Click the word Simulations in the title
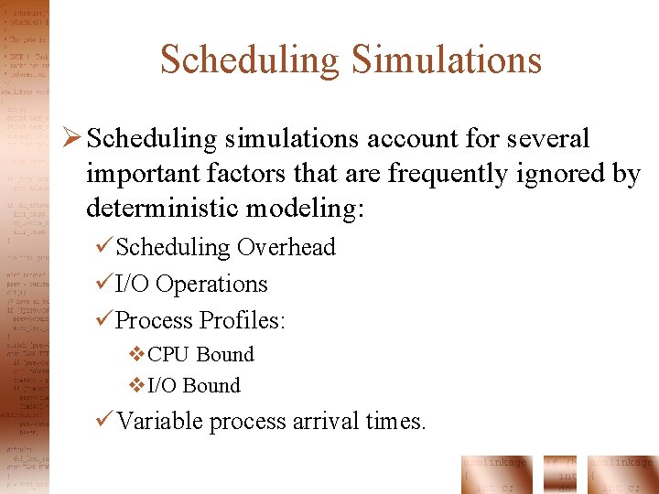tap(446, 60)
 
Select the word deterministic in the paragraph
tap(167, 208)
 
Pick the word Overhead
tap(286, 247)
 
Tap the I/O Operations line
tap(191, 284)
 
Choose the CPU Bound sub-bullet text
tap(200, 355)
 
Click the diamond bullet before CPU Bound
tap(137, 355)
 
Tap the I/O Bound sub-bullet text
tap(194, 386)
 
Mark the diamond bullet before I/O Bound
tap(137, 386)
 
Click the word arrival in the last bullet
tap(324, 421)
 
